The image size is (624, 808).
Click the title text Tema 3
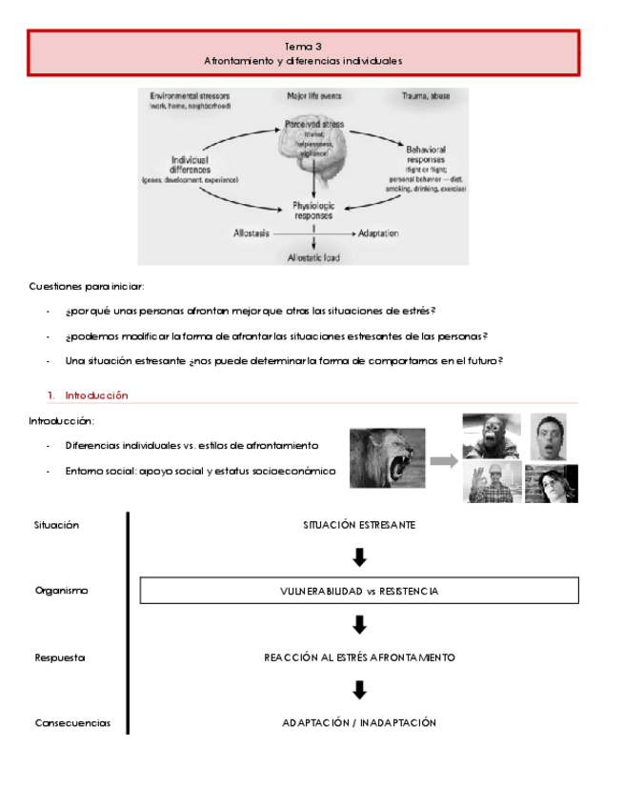pos(303,46)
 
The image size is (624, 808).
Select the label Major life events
pos(313,96)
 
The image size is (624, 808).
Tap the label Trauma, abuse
pos(425,96)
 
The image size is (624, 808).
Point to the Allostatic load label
pos(313,257)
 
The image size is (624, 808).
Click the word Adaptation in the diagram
pos(378,233)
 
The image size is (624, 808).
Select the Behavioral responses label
pos(426,155)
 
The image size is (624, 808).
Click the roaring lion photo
pos(387,457)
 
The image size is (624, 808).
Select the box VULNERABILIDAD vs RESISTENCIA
pos(359,591)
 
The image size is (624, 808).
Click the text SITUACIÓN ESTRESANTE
pos(359,525)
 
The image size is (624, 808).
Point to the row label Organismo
pos(61,591)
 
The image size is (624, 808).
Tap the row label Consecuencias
pos(72,723)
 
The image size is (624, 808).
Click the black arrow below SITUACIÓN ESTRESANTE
pos(359,557)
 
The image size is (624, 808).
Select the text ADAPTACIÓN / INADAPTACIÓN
pos(359,723)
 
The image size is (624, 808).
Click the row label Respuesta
pos(60,657)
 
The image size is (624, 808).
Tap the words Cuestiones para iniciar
pos(87,286)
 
